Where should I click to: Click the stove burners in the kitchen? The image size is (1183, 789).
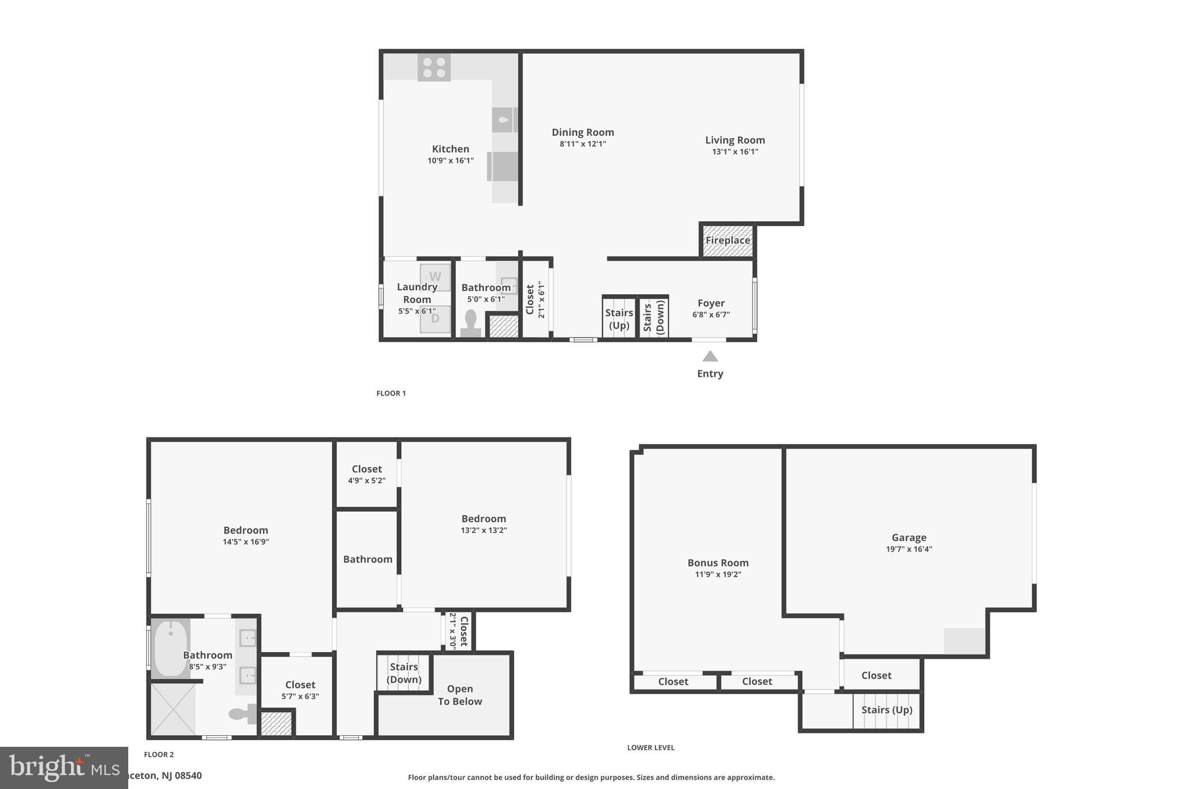[x=434, y=68]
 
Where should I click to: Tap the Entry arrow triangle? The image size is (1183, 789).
[x=710, y=356]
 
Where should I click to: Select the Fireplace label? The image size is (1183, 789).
[x=727, y=240]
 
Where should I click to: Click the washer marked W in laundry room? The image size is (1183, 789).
[x=435, y=277]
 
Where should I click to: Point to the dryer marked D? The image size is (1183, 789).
[x=435, y=319]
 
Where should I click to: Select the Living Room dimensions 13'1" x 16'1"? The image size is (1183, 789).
[x=735, y=152]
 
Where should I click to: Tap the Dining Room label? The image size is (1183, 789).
[x=582, y=132]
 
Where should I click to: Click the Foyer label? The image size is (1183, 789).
[x=710, y=303]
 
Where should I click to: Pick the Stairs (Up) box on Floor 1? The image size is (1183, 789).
[x=619, y=318]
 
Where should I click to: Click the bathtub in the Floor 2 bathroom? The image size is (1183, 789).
[x=170, y=648]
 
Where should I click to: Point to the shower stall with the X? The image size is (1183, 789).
[x=173, y=709]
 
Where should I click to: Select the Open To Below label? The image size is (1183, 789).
[x=460, y=695]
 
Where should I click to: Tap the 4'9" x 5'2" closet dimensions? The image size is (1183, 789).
[x=367, y=481]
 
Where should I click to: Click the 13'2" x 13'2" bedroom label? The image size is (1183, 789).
[x=483, y=519]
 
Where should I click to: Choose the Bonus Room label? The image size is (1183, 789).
[x=717, y=562]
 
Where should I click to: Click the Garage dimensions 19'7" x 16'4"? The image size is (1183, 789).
[x=909, y=550]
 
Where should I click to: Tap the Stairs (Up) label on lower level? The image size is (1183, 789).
[x=887, y=709]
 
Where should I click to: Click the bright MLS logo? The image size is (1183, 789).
[x=64, y=767]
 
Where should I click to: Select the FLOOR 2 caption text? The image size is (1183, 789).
[x=159, y=754]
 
